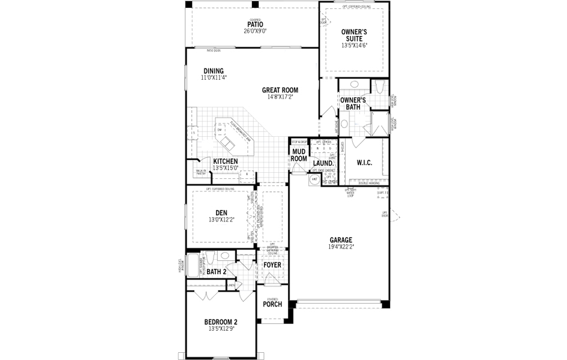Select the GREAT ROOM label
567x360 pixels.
pyautogui.click(x=280, y=90)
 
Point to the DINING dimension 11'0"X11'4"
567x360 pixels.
pyautogui.click(x=213, y=77)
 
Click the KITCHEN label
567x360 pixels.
pyautogui.click(x=225, y=161)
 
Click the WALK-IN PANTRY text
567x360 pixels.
pyautogui.click(x=200, y=172)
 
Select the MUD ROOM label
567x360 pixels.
pyautogui.click(x=299, y=155)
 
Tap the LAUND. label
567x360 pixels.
pyautogui.click(x=323, y=163)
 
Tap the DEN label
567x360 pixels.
pyautogui.click(x=221, y=212)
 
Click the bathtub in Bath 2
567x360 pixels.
pyautogui.click(x=193, y=264)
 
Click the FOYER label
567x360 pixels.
pyautogui.click(x=272, y=265)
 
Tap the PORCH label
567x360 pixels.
pyautogui.click(x=272, y=304)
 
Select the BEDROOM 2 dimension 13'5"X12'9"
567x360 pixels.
pyautogui.click(x=221, y=329)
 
